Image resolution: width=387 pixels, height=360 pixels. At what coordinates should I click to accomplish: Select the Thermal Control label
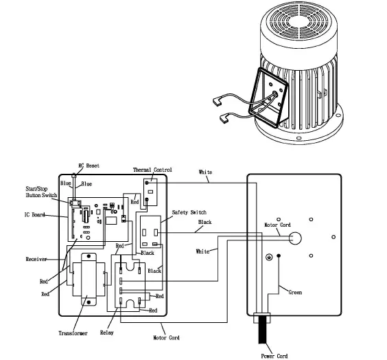152,170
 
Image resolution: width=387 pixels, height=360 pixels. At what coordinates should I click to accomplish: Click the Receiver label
36,259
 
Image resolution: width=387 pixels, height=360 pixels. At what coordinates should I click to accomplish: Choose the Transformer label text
72,333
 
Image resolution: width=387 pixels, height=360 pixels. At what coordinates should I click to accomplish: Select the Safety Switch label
189,212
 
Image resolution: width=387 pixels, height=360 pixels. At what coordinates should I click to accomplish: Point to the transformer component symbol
88,281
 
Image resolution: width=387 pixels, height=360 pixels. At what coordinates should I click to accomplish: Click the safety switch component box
152,232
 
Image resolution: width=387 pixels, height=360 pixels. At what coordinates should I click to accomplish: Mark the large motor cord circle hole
295,239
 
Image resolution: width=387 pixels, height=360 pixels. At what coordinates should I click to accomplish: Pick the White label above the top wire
205,172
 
